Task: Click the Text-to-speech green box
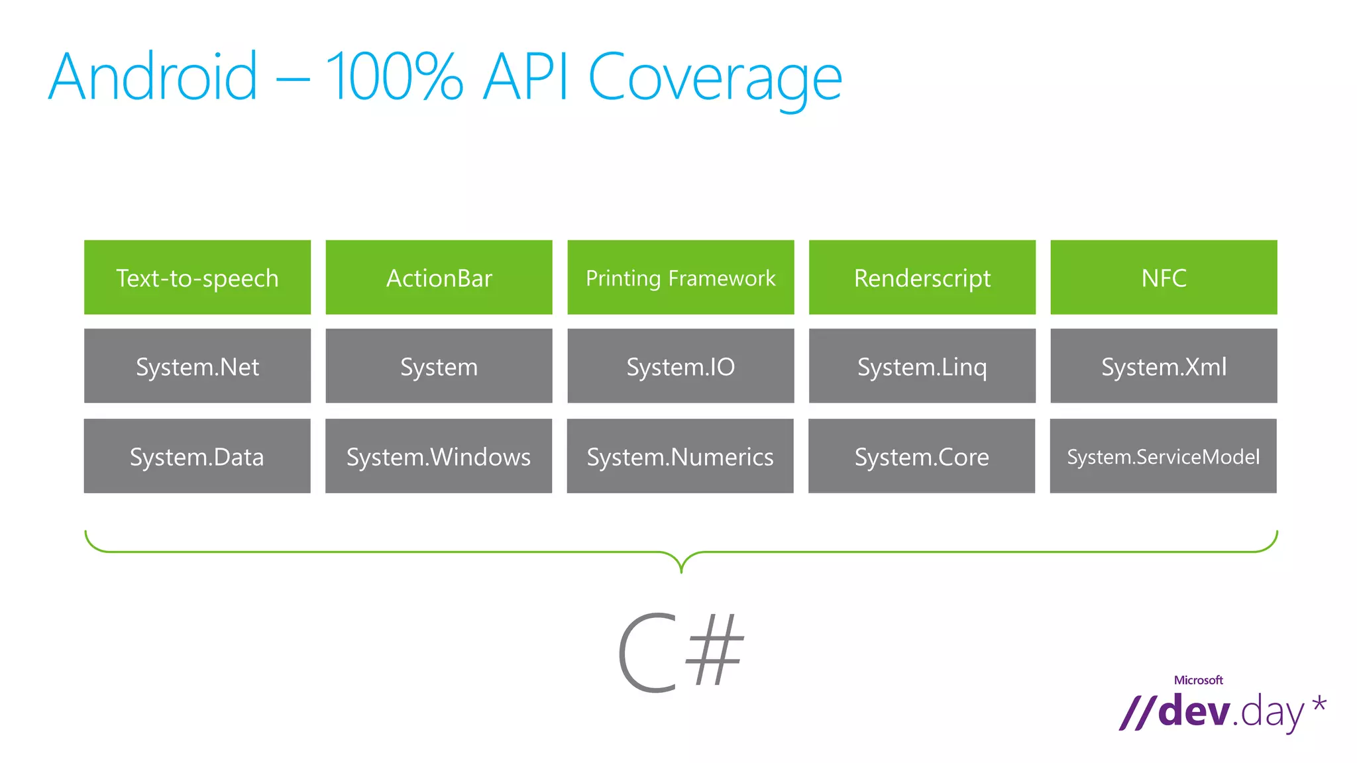tap(197, 278)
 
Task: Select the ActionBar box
tap(439, 278)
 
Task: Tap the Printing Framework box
tap(680, 278)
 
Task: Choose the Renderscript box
tap(922, 278)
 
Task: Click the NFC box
tap(1164, 278)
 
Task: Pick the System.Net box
tap(197, 366)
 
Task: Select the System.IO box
tap(680, 366)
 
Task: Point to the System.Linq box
tap(922, 366)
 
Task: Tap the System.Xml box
tap(1164, 366)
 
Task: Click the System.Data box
tap(197, 456)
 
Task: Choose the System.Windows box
tap(439, 456)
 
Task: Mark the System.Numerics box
tap(680, 456)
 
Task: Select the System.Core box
tap(922, 456)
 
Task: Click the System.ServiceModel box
tap(1163, 456)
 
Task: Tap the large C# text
tap(680, 652)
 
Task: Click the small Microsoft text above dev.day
tap(1198, 680)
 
